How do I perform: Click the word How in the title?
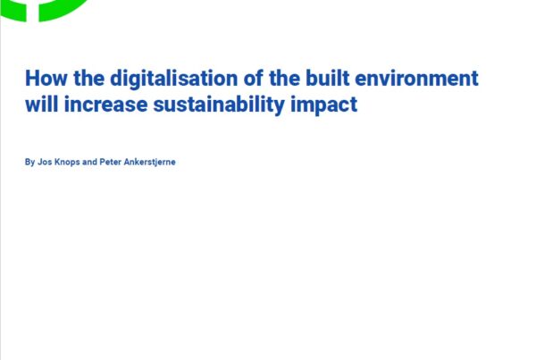(46, 79)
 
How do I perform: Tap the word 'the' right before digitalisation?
(88, 78)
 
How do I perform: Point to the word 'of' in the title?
(254, 78)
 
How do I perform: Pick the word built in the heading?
(328, 78)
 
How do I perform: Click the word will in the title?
(42, 104)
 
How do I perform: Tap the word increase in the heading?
(105, 105)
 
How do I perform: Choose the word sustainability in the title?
(219, 105)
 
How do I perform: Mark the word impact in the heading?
(323, 105)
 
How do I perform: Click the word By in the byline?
(29, 162)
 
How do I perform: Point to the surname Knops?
(67, 163)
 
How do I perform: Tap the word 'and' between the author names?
(89, 162)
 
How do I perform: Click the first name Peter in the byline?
(110, 162)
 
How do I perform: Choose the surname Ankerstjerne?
(150, 163)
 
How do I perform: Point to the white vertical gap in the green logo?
(32, 11)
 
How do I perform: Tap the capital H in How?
(32, 79)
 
